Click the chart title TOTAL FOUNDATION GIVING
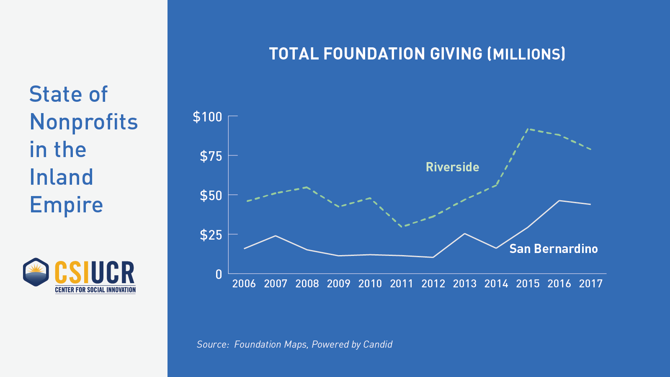pos(417,54)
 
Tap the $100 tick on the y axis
pos(207,117)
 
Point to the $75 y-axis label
pos(211,156)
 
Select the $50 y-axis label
pos(211,196)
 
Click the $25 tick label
pos(211,235)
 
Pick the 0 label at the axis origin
pos(219,274)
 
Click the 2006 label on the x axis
pos(244,284)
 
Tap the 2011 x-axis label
pos(402,284)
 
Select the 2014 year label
pos(496,284)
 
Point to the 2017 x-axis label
pos(591,284)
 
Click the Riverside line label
pos(452,167)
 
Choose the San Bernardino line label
pos(553,249)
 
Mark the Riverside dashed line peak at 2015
pos(527,129)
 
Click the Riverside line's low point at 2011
pos(402,227)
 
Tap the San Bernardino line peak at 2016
pos(559,201)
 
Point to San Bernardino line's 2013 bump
pos(465,233)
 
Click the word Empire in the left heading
pos(66,205)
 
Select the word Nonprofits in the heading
pos(84,122)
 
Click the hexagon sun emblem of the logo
pos(36,272)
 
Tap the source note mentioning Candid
pos(294,344)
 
